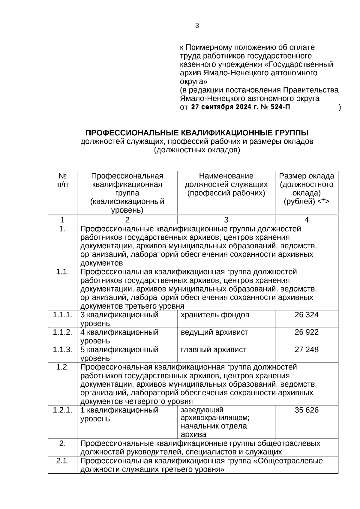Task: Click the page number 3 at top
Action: [197, 26]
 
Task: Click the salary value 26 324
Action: [306, 315]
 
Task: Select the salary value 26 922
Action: [306, 332]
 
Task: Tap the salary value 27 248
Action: [306, 349]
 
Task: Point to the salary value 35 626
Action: [306, 410]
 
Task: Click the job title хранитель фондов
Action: [215, 315]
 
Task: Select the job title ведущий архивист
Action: [214, 332]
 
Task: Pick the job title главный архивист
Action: [213, 349]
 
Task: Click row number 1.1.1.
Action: [62, 315]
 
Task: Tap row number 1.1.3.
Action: [62, 349]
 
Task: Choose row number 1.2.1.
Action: [62, 410]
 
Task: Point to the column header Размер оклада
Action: [306, 176]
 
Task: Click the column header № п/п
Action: [62, 180]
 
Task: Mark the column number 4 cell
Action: [306, 220]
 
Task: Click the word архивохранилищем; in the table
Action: [215, 418]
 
